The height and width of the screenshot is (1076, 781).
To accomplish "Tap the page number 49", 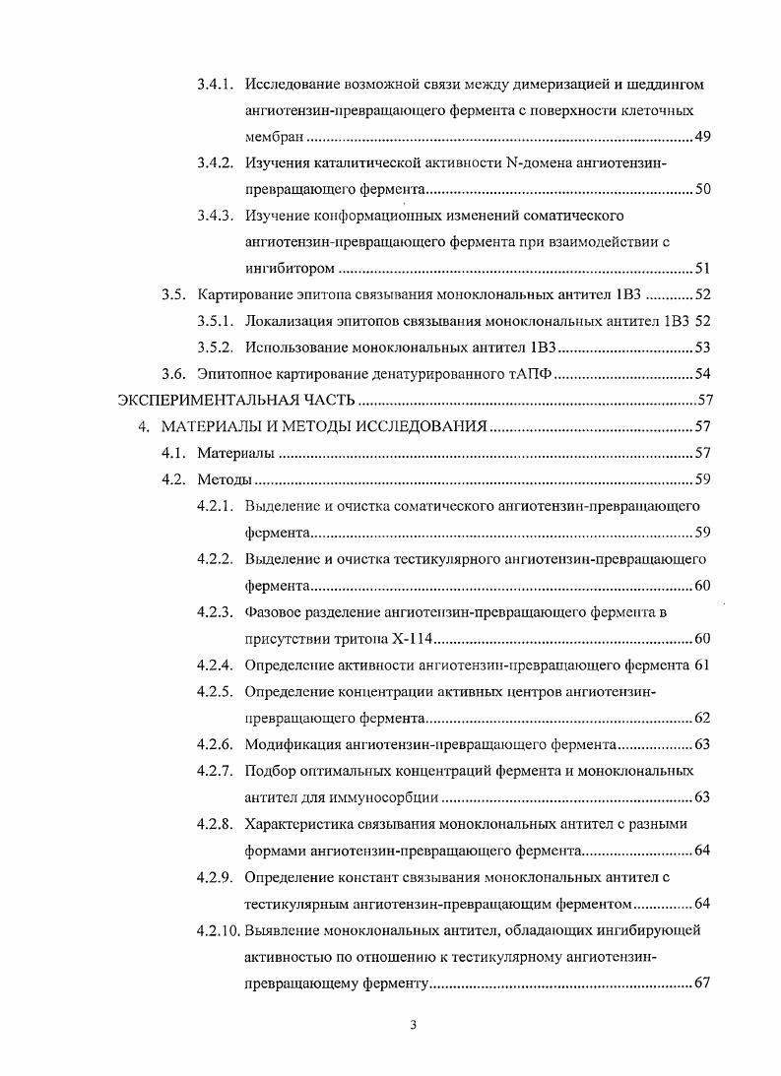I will click(x=702, y=136).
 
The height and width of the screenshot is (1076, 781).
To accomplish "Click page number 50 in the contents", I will click(x=702, y=189).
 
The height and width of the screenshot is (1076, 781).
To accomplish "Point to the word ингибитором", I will click(x=290, y=268).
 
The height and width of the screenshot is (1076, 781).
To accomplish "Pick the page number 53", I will click(x=702, y=347).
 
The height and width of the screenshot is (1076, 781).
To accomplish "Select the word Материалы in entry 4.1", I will click(x=235, y=453).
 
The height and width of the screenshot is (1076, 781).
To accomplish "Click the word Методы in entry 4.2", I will click(x=225, y=479).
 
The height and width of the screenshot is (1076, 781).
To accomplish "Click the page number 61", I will click(x=702, y=665).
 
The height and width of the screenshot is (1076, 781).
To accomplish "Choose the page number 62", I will click(x=702, y=718).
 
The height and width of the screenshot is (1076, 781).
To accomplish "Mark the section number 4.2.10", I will click(x=218, y=929).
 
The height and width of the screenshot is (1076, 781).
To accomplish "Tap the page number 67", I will click(x=702, y=982).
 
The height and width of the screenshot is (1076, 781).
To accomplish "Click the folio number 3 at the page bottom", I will click(x=414, y=1026).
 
